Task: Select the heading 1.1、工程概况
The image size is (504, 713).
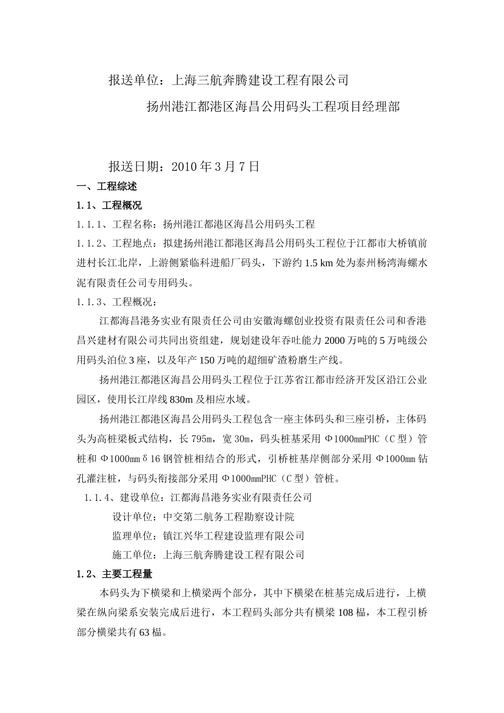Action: coord(109,206)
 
